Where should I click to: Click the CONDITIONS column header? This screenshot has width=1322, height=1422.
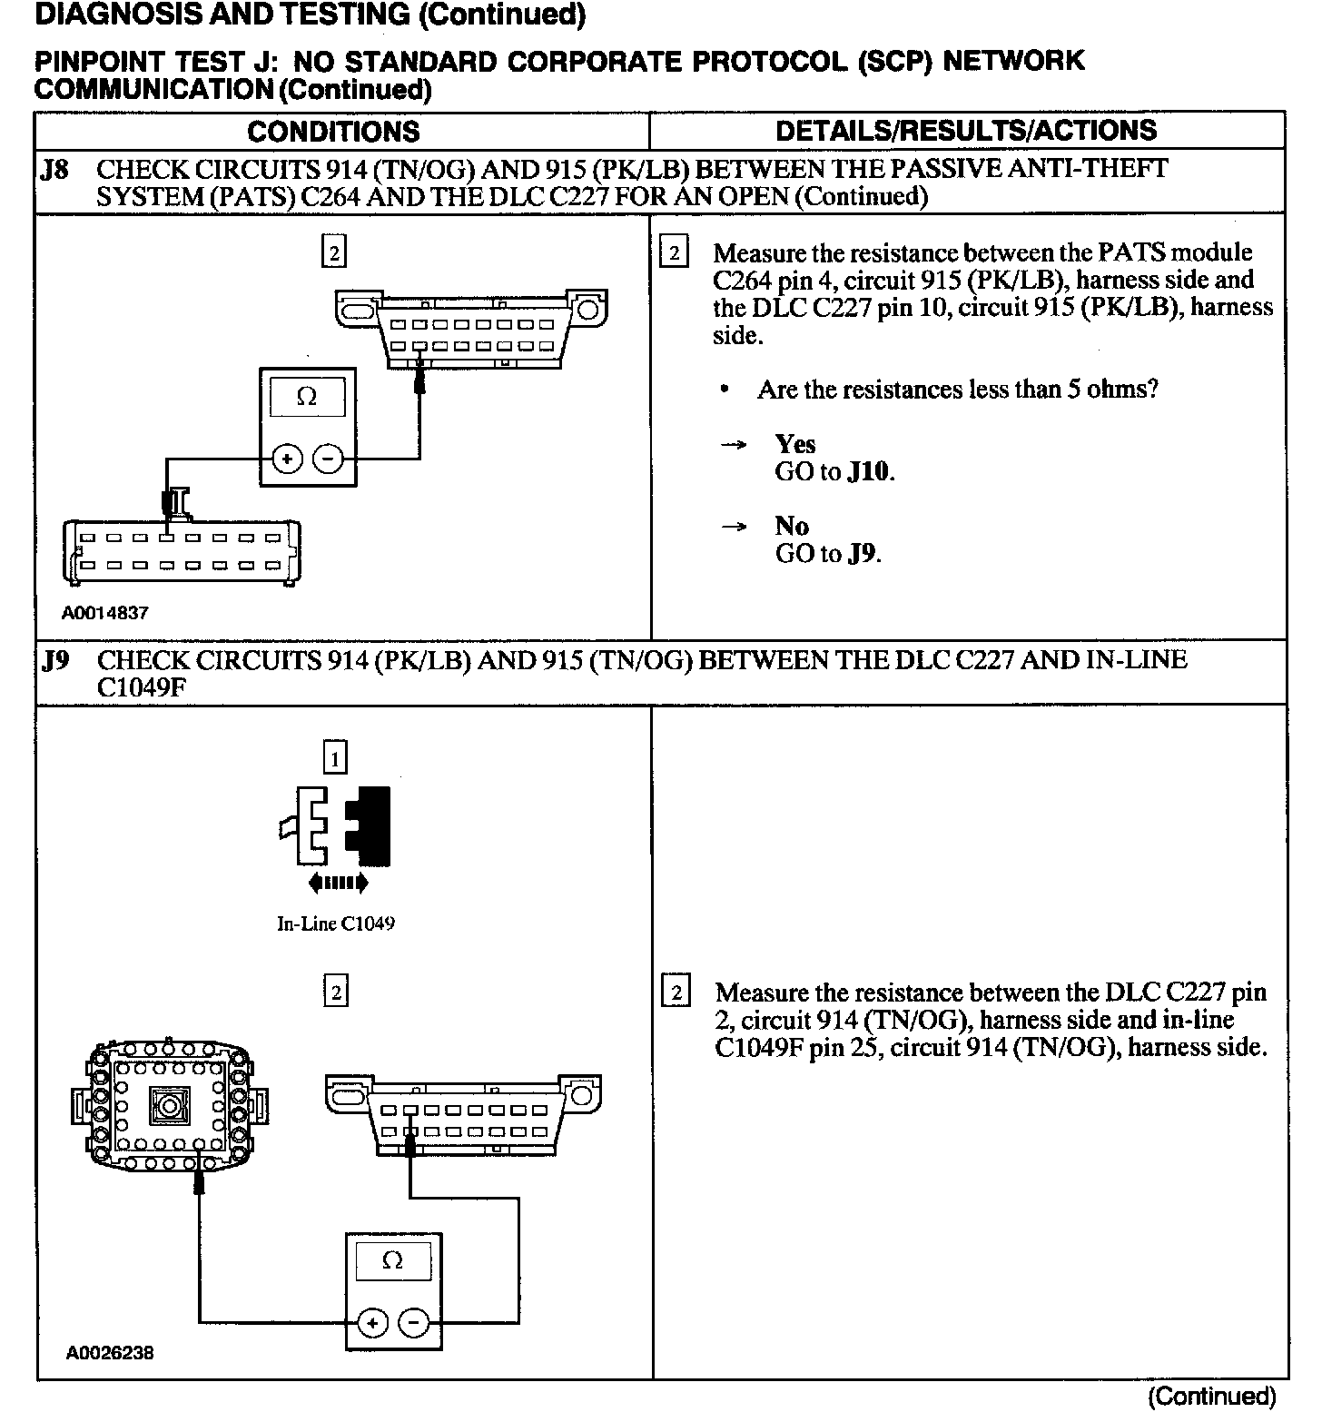click(x=333, y=131)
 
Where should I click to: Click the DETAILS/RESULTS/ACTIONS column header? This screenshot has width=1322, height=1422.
click(x=966, y=130)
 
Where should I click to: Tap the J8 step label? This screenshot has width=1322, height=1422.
click(x=55, y=170)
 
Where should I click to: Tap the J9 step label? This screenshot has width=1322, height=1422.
click(x=55, y=660)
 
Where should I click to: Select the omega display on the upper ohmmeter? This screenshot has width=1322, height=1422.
click(x=308, y=398)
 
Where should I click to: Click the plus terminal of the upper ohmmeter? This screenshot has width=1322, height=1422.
click(x=288, y=459)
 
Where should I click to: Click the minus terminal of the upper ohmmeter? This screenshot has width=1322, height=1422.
click(x=327, y=459)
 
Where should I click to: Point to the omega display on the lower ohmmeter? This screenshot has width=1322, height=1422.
click(x=393, y=1260)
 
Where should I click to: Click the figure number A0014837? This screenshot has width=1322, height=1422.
click(x=105, y=613)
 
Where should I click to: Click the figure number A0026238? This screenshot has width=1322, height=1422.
click(x=110, y=1353)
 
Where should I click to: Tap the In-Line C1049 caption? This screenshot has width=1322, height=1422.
click(x=336, y=924)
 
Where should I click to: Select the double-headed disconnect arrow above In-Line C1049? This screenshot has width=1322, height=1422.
click(x=338, y=882)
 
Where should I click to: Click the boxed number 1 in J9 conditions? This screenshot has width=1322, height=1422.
click(x=336, y=756)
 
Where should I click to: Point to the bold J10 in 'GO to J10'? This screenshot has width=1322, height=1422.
click(x=869, y=472)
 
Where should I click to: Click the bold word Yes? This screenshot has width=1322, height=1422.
click(x=795, y=444)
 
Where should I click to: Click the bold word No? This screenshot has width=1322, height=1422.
click(x=792, y=526)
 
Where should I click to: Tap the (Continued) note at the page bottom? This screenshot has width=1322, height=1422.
click(x=1212, y=1396)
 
